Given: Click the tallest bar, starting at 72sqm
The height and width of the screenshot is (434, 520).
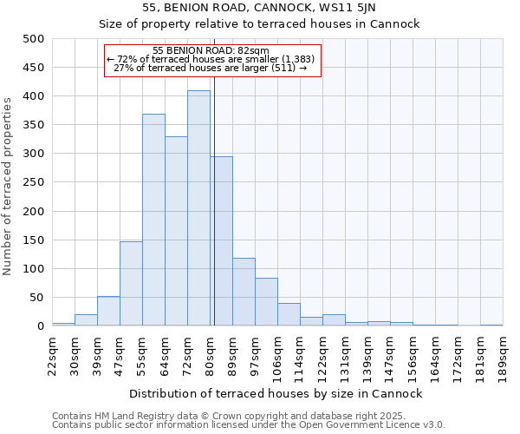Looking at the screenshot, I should (198, 208).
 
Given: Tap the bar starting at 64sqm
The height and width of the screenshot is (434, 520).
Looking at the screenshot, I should (176, 231).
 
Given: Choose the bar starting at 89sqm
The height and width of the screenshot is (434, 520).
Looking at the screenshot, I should (244, 292).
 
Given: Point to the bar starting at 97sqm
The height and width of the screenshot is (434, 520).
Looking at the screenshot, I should (266, 302).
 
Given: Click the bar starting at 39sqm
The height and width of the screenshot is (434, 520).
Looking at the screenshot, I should (108, 311).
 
